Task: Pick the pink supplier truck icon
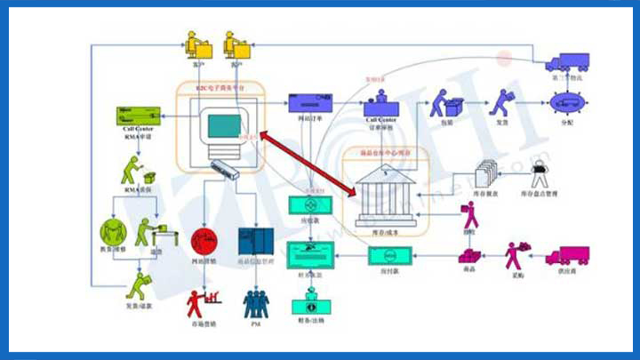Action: [x=566, y=255]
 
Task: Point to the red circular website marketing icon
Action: [x=205, y=239]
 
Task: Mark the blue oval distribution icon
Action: [x=565, y=102]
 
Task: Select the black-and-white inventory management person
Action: [x=540, y=174]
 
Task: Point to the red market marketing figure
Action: [x=198, y=302]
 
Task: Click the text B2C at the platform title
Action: [x=203, y=88]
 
